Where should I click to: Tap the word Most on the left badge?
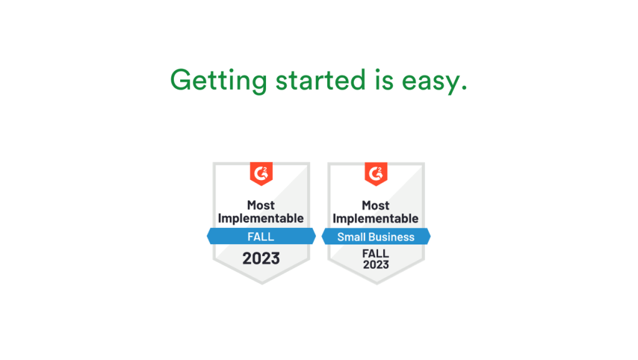coord(261,205)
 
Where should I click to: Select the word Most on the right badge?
coord(376,205)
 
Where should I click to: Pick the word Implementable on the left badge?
coord(261,219)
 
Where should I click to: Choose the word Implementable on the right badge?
coord(376,219)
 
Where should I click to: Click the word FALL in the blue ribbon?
coord(261,237)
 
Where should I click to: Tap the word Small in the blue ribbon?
coord(351,237)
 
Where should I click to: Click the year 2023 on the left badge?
coord(261,258)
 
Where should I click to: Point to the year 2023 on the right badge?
coord(376,265)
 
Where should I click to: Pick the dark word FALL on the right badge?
coord(376,253)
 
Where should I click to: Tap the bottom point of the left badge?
coord(261,283)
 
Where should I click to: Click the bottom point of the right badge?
coord(376,283)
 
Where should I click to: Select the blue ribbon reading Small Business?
coord(376,237)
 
